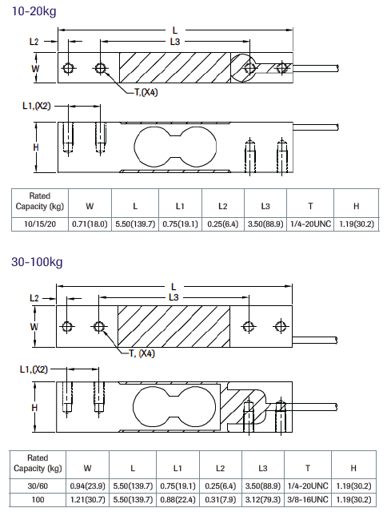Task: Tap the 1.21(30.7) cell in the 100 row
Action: [87, 499]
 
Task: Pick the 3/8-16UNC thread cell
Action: [308, 499]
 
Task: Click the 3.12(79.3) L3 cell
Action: [264, 499]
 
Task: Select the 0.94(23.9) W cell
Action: [87, 485]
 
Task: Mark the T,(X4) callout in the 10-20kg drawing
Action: [145, 92]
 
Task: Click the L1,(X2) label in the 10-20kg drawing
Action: [35, 106]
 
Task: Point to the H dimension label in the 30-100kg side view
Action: [35, 407]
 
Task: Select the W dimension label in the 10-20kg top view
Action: [35, 68]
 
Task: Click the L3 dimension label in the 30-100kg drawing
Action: [174, 297]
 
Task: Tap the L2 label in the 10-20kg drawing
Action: [34, 41]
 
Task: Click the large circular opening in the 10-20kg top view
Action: [245, 67]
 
